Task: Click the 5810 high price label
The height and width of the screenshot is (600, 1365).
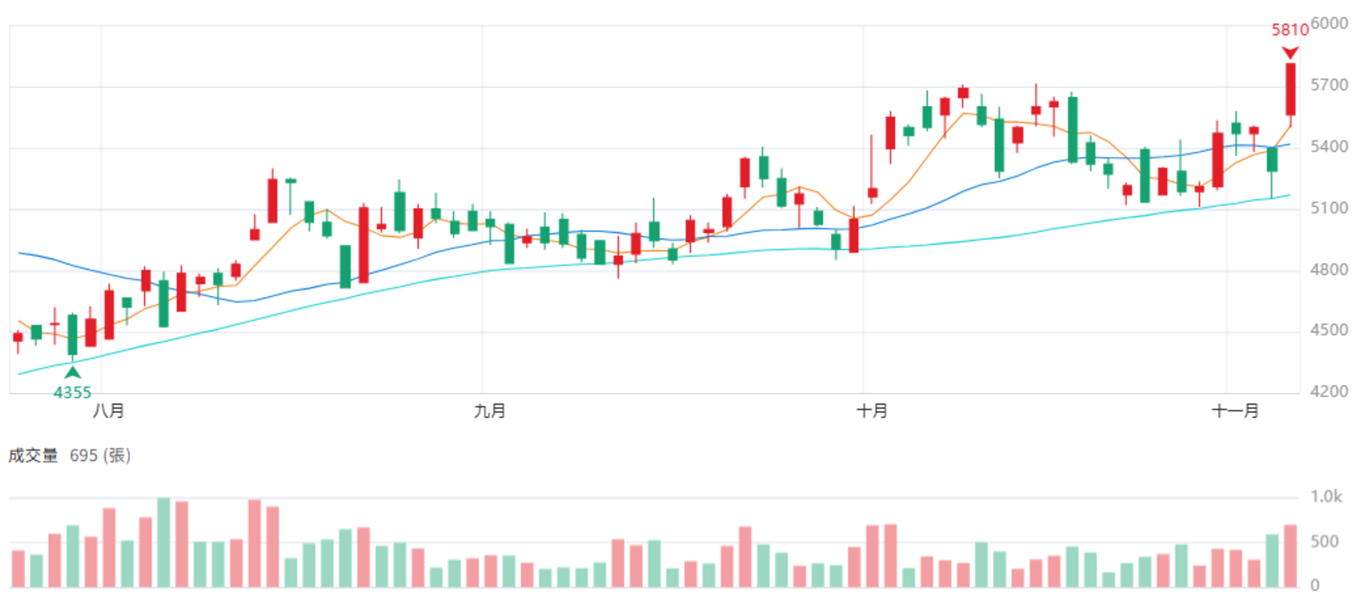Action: [1290, 30]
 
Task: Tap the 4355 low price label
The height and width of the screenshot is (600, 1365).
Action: [72, 393]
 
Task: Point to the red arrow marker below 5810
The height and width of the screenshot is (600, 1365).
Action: [1290, 53]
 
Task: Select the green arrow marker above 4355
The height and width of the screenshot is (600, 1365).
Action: [73, 372]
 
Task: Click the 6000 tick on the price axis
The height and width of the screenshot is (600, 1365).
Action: [1329, 23]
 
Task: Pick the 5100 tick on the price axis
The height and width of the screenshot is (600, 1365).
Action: [1329, 208]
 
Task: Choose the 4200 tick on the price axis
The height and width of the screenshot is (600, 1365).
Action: [1329, 392]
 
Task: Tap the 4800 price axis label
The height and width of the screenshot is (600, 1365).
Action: [1329, 270]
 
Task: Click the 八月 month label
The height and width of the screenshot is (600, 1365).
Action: [108, 411]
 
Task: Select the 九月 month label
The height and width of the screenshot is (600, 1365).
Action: [490, 411]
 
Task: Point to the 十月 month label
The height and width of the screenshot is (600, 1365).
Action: [872, 411]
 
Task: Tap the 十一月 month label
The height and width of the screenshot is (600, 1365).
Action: [1235, 411]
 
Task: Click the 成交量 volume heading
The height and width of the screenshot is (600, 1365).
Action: [33, 456]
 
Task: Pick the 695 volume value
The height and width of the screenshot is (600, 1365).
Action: [84, 456]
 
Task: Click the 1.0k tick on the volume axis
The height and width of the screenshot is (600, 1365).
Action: [1327, 497]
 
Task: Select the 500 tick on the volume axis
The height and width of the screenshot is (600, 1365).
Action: [1324, 541]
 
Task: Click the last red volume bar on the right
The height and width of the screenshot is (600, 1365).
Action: [1291, 556]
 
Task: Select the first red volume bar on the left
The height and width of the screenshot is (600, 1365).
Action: [18, 569]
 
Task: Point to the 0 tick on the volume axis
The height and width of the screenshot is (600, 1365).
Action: [1315, 585]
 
